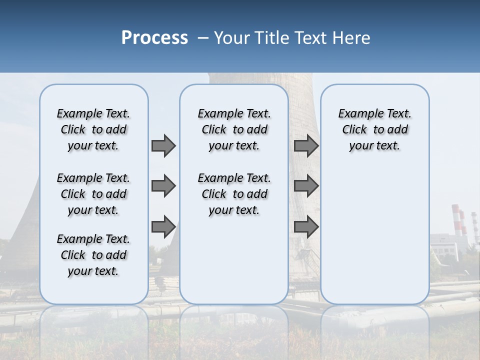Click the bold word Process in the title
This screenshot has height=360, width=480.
pyautogui.click(x=154, y=38)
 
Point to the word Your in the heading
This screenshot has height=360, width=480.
pyautogui.click(x=232, y=38)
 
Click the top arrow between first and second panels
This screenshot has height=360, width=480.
pyautogui.click(x=163, y=146)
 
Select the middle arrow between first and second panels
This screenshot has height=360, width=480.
pyautogui.click(x=163, y=186)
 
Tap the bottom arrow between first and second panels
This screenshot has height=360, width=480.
pyautogui.click(x=163, y=226)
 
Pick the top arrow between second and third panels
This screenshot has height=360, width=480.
pyautogui.click(x=306, y=146)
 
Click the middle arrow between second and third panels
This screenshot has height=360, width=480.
pyautogui.click(x=306, y=186)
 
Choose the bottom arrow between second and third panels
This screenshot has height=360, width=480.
pyautogui.click(x=306, y=226)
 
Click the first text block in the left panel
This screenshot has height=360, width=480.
pyautogui.click(x=93, y=129)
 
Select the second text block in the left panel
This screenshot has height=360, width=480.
pyautogui.click(x=93, y=194)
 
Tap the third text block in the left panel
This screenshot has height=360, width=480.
pyautogui.click(x=93, y=255)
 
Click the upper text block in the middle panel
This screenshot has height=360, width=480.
pyautogui.click(x=234, y=129)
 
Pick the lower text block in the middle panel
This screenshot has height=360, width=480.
pyautogui.click(x=234, y=194)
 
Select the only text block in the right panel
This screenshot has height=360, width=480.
pyautogui.click(x=374, y=129)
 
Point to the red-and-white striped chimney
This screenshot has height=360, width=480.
pyautogui.click(x=456, y=220)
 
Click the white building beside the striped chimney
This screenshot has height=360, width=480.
pyautogui.click(x=447, y=245)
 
